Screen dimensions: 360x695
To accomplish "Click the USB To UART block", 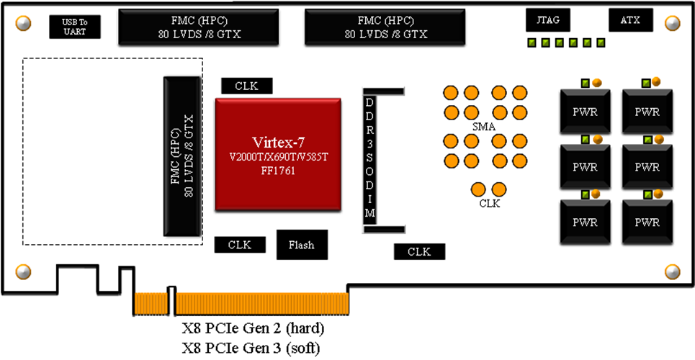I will tap(75, 27).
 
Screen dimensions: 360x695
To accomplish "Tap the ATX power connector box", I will tap(631, 21).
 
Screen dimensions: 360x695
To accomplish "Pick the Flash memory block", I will tap(301, 245).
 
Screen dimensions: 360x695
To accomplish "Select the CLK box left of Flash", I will tap(239, 245).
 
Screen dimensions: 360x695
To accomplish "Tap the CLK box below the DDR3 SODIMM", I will tap(418, 251).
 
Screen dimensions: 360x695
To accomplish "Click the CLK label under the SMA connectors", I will tap(489, 203).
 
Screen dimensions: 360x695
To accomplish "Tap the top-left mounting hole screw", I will tap(23, 24).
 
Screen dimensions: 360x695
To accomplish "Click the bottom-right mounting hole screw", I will tap(671, 271).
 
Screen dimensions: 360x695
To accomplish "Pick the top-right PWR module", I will tap(647, 112).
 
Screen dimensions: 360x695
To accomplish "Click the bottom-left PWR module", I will tap(584, 222).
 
